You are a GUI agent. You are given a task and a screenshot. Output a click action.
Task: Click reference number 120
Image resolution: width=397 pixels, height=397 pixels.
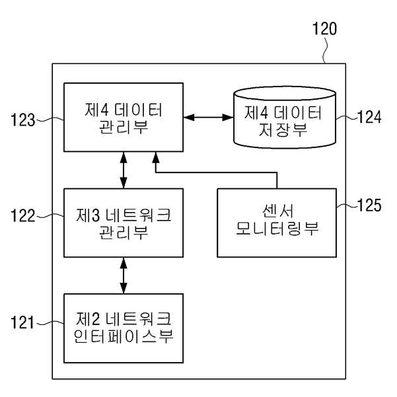324,28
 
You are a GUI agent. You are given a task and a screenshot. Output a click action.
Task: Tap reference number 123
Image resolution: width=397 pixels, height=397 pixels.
22,120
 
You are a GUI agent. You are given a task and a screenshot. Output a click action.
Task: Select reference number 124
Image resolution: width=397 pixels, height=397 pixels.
369,117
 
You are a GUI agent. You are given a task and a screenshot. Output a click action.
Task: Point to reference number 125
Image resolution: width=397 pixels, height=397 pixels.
369,205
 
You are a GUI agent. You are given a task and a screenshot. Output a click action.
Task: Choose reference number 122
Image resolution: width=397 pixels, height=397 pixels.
22,216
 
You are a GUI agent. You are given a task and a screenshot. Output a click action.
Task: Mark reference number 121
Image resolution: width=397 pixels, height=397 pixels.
22,322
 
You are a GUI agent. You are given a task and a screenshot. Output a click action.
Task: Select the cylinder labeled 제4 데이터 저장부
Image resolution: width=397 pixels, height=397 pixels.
285,117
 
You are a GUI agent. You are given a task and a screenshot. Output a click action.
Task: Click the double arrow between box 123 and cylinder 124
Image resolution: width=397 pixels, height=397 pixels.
208,117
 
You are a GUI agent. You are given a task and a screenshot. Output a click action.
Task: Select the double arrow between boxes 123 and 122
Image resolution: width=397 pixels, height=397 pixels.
124,170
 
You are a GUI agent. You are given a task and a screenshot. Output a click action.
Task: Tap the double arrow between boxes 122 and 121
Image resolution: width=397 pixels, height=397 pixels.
124,275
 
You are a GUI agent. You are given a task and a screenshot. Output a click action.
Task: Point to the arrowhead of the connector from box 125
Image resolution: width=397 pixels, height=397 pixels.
156,157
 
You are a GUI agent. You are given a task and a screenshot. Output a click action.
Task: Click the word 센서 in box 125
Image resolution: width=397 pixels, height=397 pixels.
277,211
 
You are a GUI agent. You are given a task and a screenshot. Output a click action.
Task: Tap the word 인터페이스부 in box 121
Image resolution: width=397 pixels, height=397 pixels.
124,336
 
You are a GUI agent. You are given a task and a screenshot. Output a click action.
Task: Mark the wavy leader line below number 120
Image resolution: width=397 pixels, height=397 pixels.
325,50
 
